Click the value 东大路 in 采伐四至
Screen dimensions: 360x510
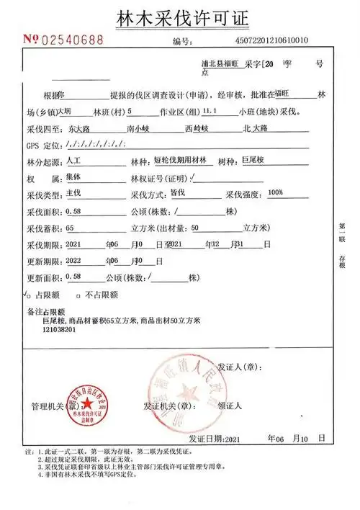click(x=76, y=128)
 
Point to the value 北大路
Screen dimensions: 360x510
click(x=256, y=128)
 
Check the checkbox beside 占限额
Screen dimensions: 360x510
click(x=28, y=295)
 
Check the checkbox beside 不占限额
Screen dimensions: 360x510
click(x=79, y=295)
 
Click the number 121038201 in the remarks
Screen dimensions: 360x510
click(x=60, y=329)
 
